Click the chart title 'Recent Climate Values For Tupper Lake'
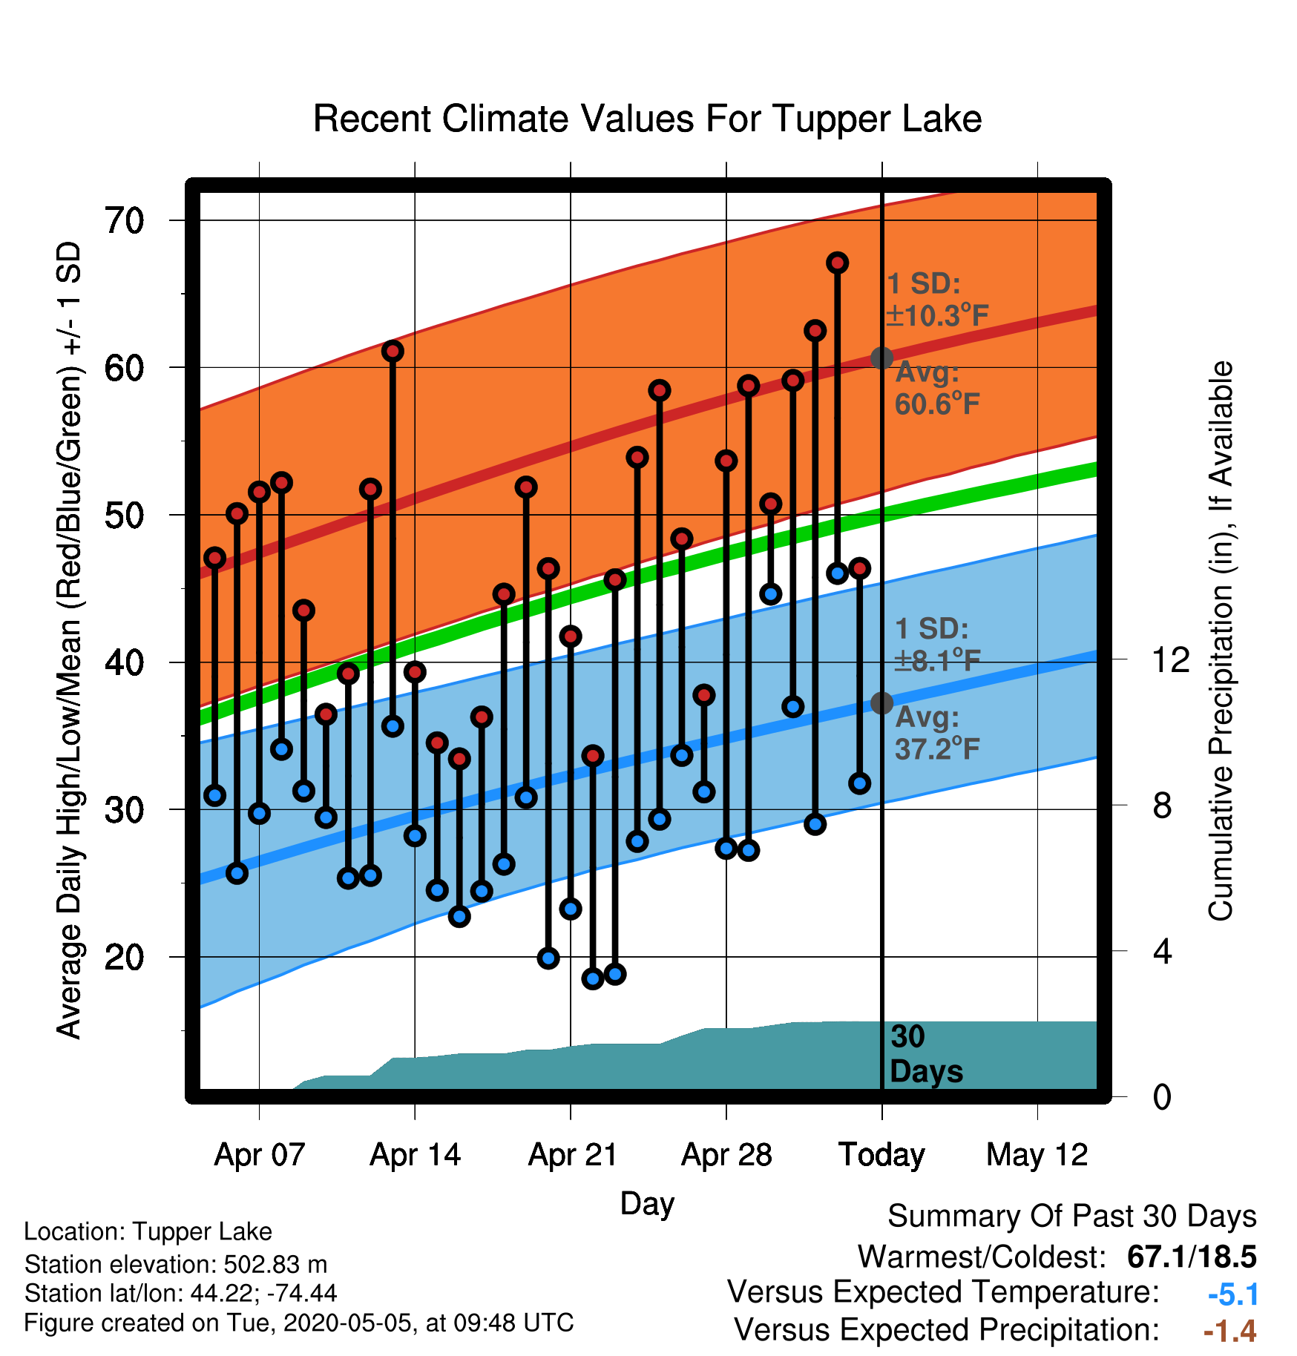647,119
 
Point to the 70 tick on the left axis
125,220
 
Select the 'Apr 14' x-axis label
415,1155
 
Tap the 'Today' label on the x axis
881,1155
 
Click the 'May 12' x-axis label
1037,1155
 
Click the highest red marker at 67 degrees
838,263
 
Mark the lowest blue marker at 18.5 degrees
593,978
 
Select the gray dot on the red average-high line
881,358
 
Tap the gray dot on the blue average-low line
881,702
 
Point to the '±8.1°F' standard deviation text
937,659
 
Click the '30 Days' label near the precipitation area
926,1054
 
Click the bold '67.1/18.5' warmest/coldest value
1192,1257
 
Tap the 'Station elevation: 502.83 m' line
176,1264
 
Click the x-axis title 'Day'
647,1203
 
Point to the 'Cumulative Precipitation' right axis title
1221,641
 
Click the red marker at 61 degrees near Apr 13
393,351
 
